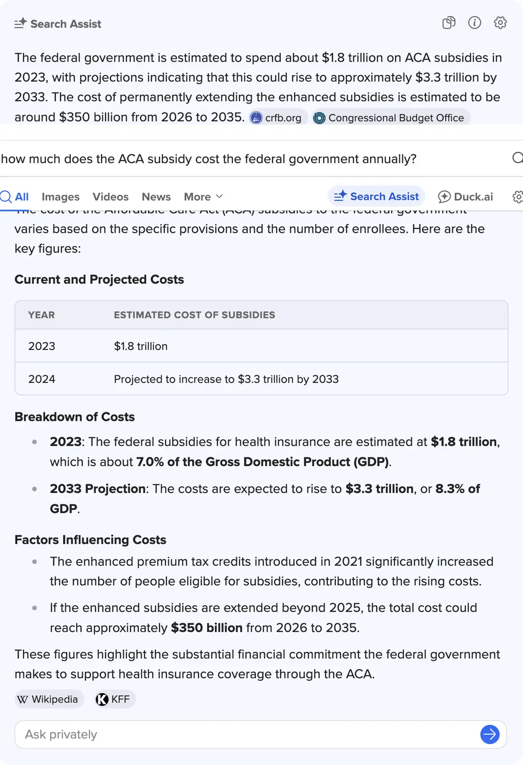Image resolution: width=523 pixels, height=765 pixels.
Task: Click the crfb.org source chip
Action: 277,118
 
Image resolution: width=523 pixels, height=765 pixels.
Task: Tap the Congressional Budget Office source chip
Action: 390,118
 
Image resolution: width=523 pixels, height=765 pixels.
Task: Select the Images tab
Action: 60,197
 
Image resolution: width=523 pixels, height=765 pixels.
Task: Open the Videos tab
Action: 111,197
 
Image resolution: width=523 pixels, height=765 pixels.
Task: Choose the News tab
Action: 156,197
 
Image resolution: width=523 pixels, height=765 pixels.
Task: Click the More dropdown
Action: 203,197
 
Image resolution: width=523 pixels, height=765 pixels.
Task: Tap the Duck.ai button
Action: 466,197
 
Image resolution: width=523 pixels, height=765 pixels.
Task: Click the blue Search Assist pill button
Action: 377,197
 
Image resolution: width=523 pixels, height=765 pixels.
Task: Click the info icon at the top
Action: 474,22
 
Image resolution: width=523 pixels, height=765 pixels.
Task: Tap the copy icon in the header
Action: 449,22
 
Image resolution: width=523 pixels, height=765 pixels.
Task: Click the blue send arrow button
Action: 490,734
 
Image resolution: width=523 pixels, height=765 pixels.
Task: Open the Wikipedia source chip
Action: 48,699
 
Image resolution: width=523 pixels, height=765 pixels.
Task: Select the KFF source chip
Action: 114,699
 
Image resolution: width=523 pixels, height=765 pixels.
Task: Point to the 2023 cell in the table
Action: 42,346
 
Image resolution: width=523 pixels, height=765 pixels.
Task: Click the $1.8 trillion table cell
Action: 141,346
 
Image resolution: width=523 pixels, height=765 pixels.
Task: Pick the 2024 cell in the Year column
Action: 42,379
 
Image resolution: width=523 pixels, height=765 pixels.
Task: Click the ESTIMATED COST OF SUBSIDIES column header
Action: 194,315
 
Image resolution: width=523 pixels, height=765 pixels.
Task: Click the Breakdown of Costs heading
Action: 75,417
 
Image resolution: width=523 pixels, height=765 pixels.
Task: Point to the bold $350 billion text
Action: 207,628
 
